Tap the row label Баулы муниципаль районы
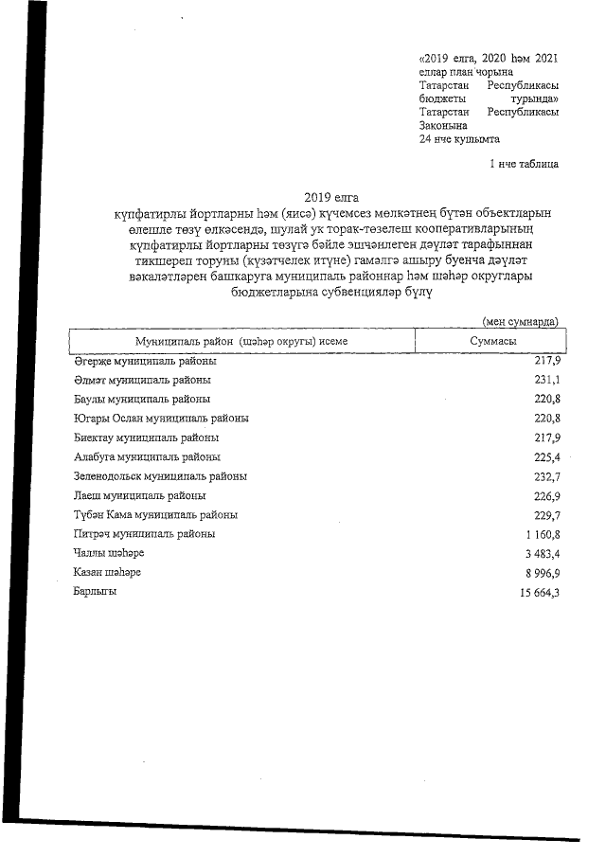coord(141,400)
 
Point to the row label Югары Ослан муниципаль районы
coord(161,419)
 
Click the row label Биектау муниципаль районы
coord(146,437)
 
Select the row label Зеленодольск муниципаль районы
coord(160,476)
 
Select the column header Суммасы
coord(492,340)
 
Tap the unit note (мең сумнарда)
coord(520,322)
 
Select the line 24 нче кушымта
coord(458,138)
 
